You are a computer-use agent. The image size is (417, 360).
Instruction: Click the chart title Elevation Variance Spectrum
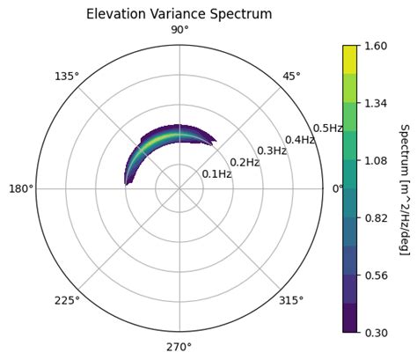click(179, 14)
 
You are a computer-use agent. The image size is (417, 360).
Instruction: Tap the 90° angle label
click(179, 31)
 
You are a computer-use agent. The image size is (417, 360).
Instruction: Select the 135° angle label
click(67, 77)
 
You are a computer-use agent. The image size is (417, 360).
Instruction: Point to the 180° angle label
click(21, 188)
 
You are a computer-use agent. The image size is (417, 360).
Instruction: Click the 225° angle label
click(67, 300)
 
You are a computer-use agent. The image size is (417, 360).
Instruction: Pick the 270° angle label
click(179, 346)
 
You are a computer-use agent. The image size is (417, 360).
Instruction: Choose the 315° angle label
click(290, 300)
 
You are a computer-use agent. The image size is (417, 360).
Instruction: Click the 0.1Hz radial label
click(216, 174)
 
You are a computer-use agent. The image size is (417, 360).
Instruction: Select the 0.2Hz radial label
click(245, 163)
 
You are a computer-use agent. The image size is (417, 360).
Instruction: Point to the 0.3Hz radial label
click(272, 151)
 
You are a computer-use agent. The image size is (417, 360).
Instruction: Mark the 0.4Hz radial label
click(300, 140)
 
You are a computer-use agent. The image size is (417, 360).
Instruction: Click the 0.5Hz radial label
click(327, 129)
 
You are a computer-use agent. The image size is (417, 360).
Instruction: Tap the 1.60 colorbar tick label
click(377, 47)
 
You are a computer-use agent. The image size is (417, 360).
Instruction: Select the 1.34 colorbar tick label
click(377, 104)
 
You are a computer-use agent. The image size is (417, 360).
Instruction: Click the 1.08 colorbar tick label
click(377, 160)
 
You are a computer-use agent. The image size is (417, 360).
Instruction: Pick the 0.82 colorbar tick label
click(377, 217)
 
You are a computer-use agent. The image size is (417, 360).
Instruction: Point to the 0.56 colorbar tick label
click(377, 275)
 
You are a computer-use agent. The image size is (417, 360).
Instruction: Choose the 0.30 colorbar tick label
click(377, 332)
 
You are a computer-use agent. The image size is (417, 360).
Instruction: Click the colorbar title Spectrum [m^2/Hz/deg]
click(404, 189)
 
